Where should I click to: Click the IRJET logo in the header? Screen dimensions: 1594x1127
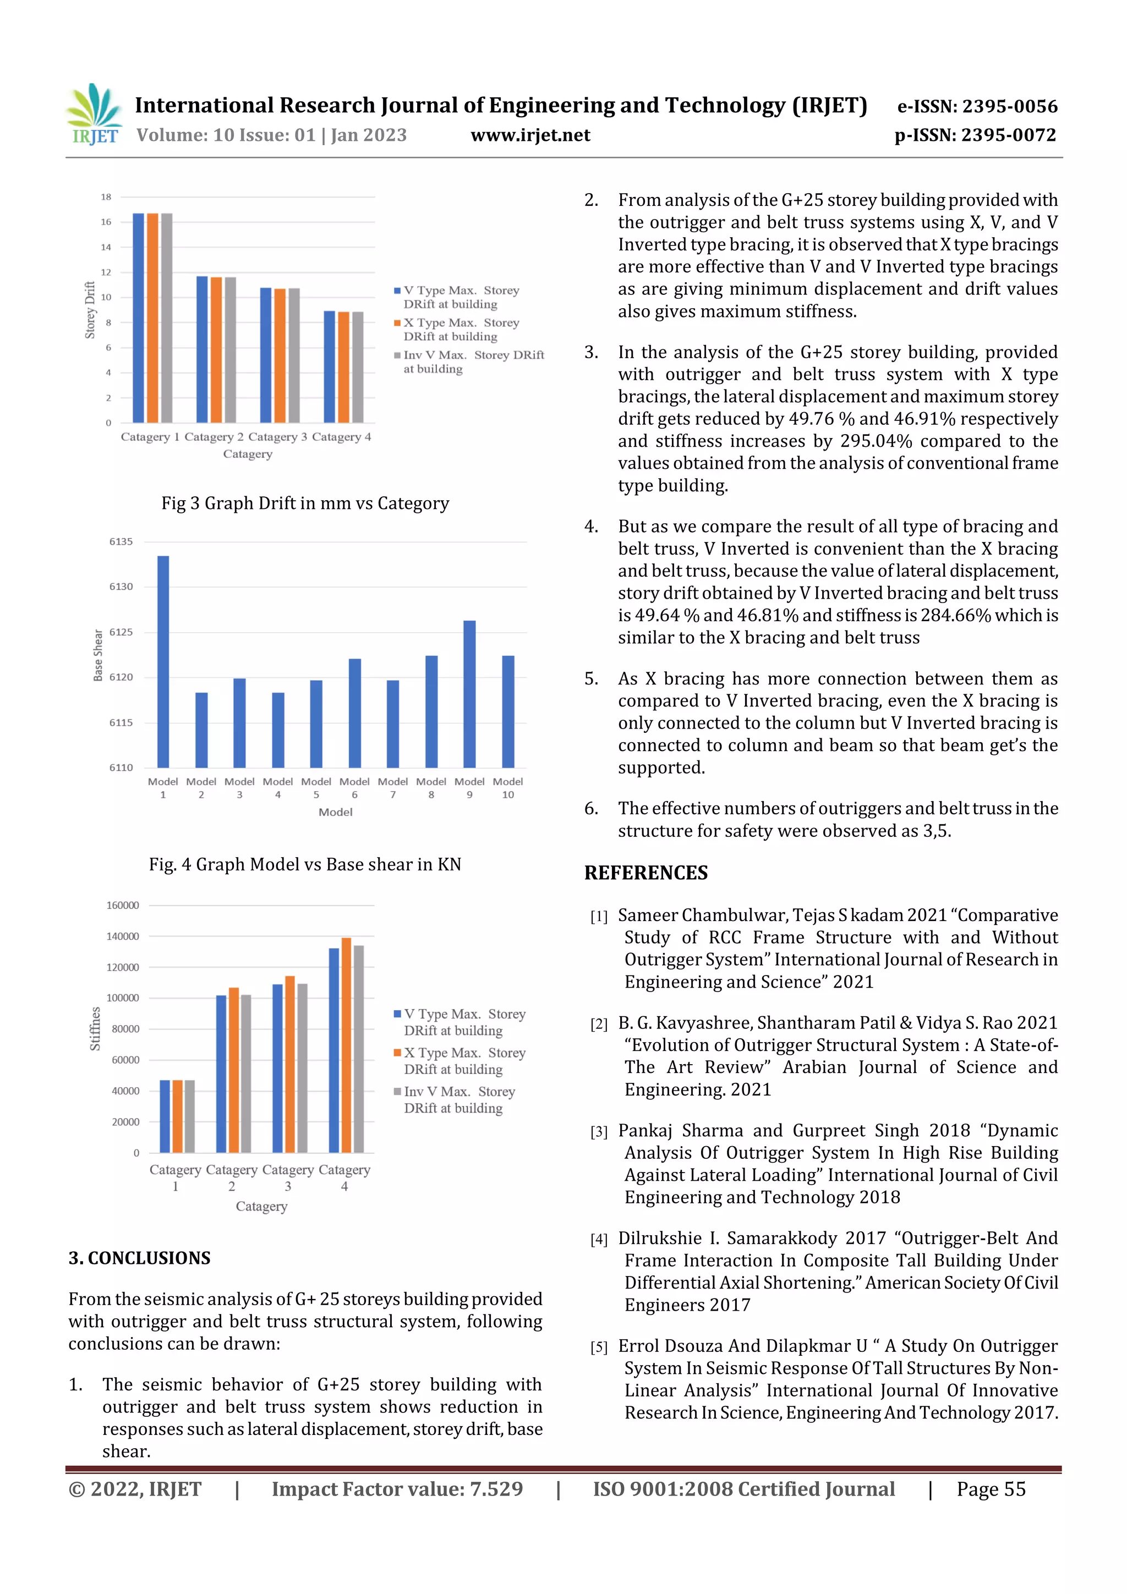tap(94, 114)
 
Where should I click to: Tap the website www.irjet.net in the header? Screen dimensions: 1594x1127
tap(530, 135)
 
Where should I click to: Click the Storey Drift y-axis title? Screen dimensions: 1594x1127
tap(90, 310)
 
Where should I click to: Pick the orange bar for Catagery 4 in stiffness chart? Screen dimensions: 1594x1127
tap(346, 1044)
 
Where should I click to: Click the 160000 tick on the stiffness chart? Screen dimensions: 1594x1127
tap(122, 905)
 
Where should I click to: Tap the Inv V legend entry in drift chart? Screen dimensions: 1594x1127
tap(469, 361)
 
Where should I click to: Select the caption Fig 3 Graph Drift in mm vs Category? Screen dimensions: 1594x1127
tap(305, 503)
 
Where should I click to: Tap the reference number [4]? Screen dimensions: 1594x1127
tap(599, 1239)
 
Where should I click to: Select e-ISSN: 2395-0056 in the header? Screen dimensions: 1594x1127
tap(977, 106)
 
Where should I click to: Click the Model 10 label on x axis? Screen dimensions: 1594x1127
tap(507, 787)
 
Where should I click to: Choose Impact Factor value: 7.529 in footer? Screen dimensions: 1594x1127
tap(397, 1488)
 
